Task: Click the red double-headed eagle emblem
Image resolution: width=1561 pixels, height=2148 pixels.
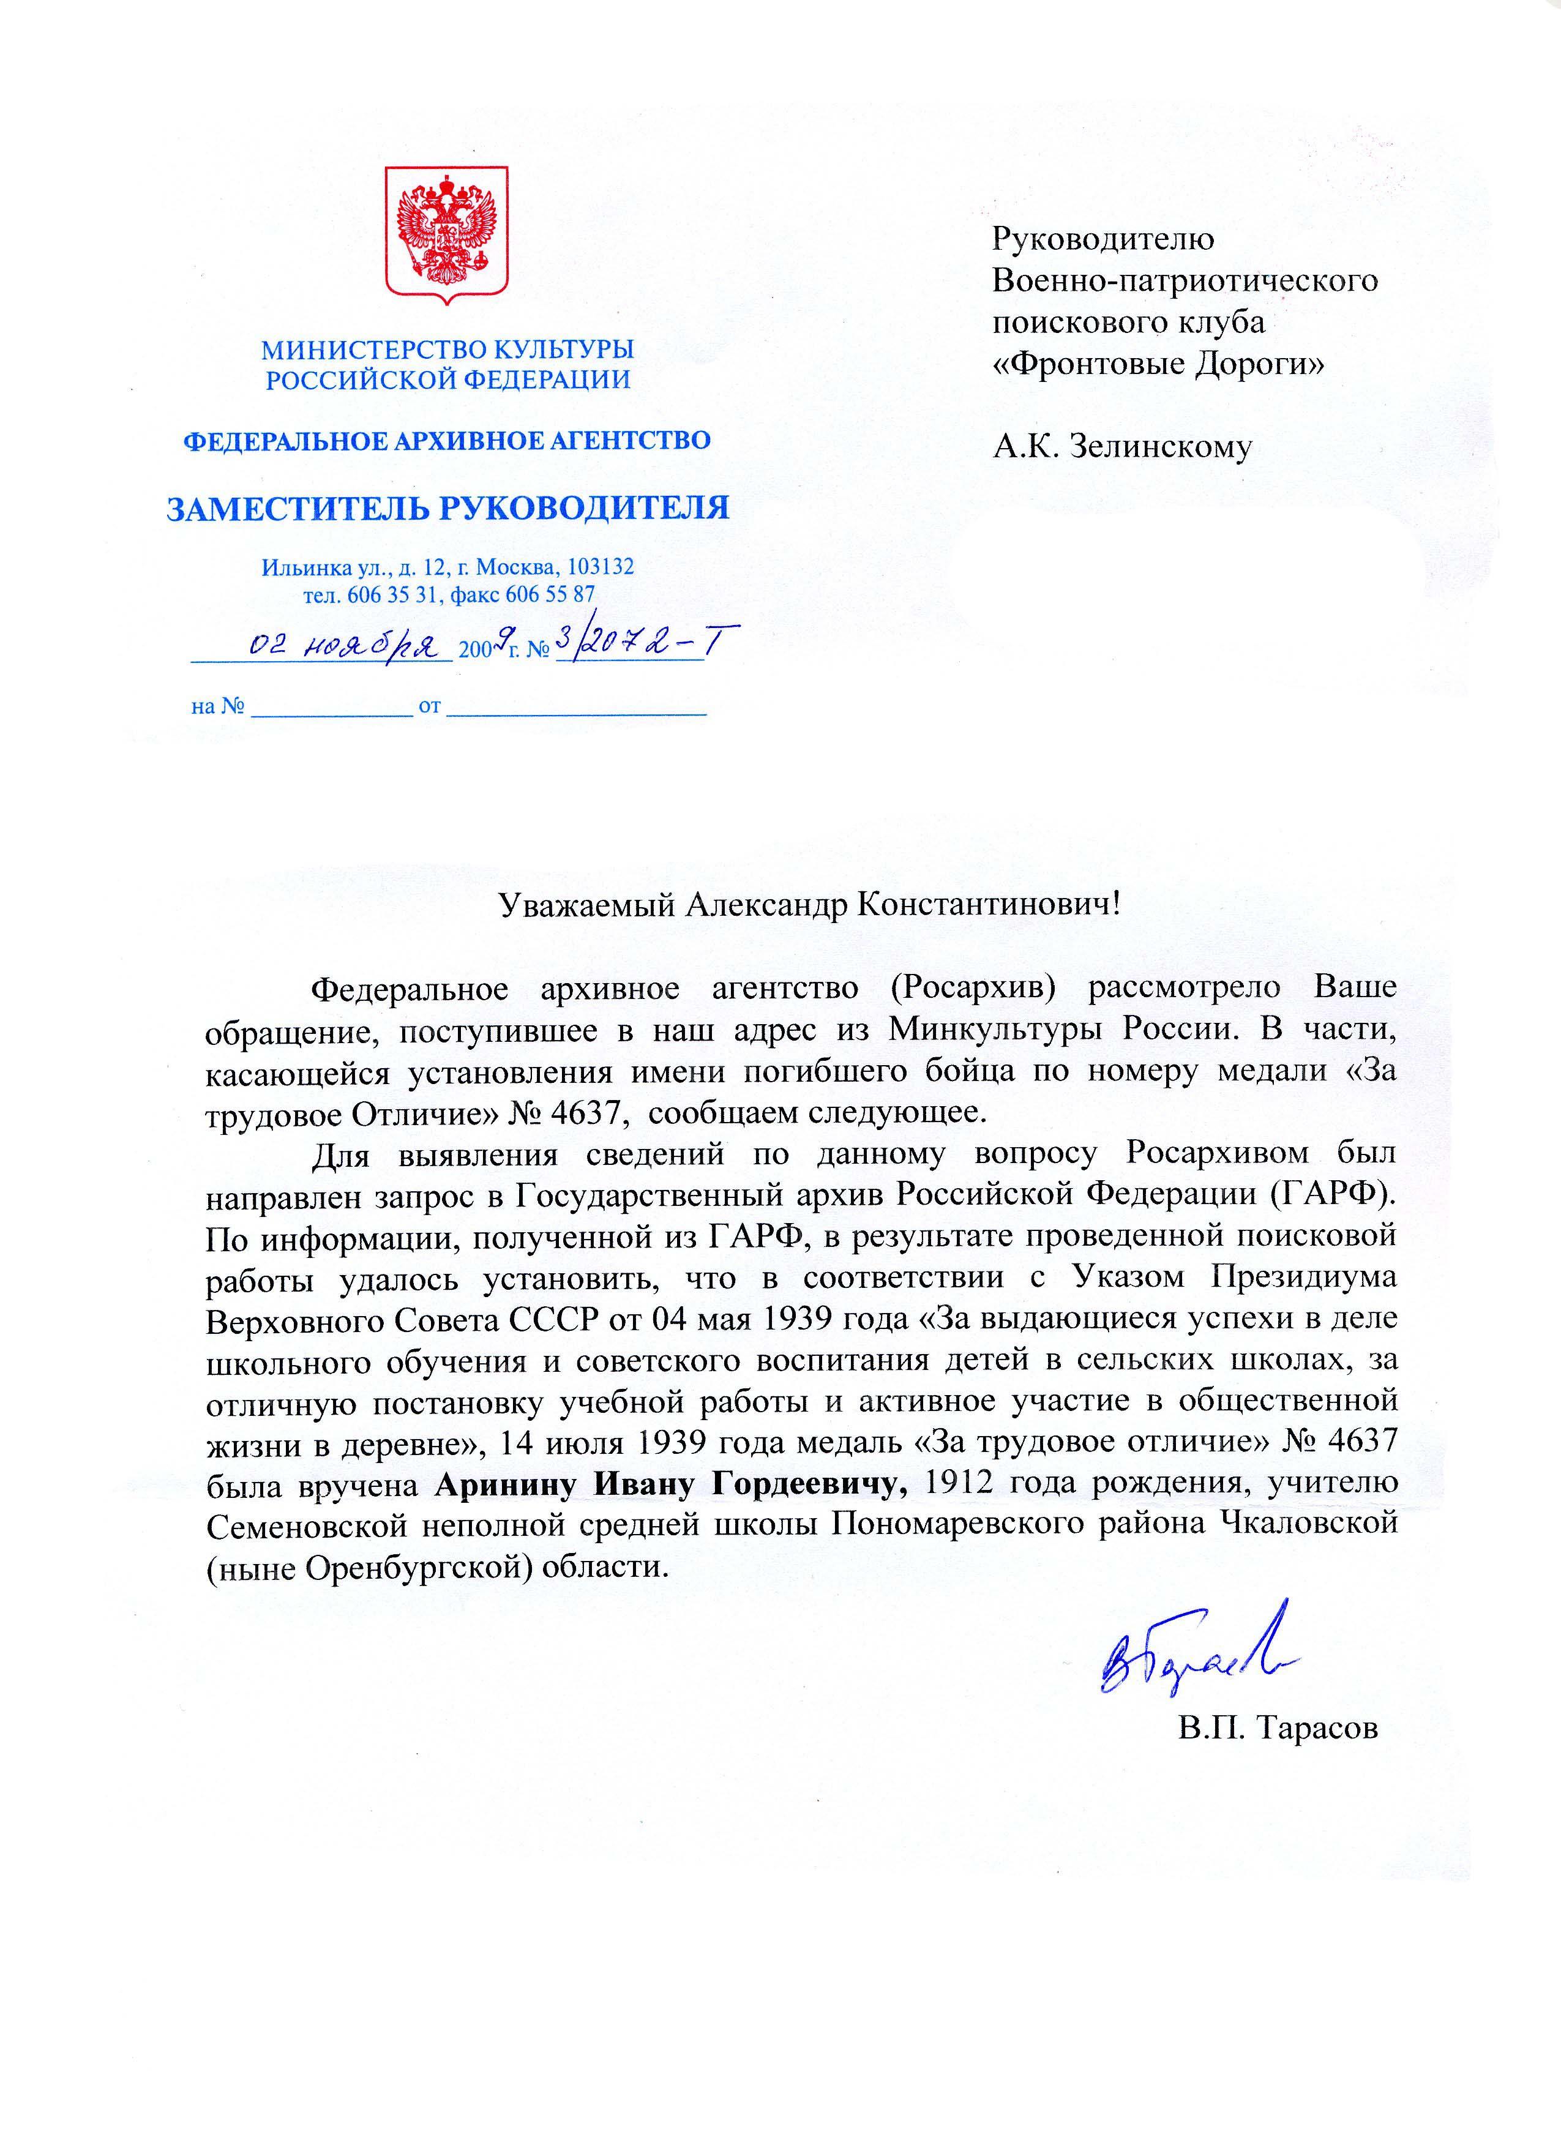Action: tap(446, 234)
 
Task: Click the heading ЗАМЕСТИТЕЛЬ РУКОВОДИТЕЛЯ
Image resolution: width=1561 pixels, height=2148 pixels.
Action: tap(447, 509)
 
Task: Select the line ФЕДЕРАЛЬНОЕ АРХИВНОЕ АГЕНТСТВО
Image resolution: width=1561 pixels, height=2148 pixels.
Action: tap(446, 440)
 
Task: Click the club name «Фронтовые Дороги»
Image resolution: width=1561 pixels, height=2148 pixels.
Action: tap(1158, 364)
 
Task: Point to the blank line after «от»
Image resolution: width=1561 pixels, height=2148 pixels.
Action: tap(576, 710)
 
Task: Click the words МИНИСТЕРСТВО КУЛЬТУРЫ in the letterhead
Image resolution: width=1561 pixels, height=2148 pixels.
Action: tap(447, 350)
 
